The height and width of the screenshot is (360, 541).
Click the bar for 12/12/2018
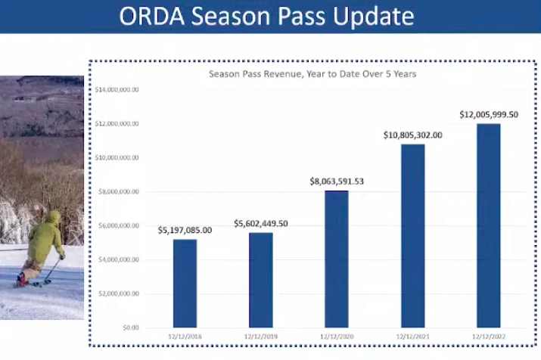185,283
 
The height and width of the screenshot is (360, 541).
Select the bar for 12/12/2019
260,280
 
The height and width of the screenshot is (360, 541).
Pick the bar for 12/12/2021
413,235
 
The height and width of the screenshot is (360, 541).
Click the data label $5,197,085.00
185,230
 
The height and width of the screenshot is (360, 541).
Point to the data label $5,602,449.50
260,223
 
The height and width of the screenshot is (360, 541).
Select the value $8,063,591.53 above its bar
337,182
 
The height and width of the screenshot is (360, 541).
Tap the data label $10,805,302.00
413,135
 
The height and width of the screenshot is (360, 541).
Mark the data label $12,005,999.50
489,114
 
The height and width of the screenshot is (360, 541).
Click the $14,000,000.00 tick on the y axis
117,89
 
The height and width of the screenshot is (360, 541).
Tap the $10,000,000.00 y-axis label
117,157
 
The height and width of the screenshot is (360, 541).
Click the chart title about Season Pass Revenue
312,74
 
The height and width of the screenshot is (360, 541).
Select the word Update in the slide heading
375,17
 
